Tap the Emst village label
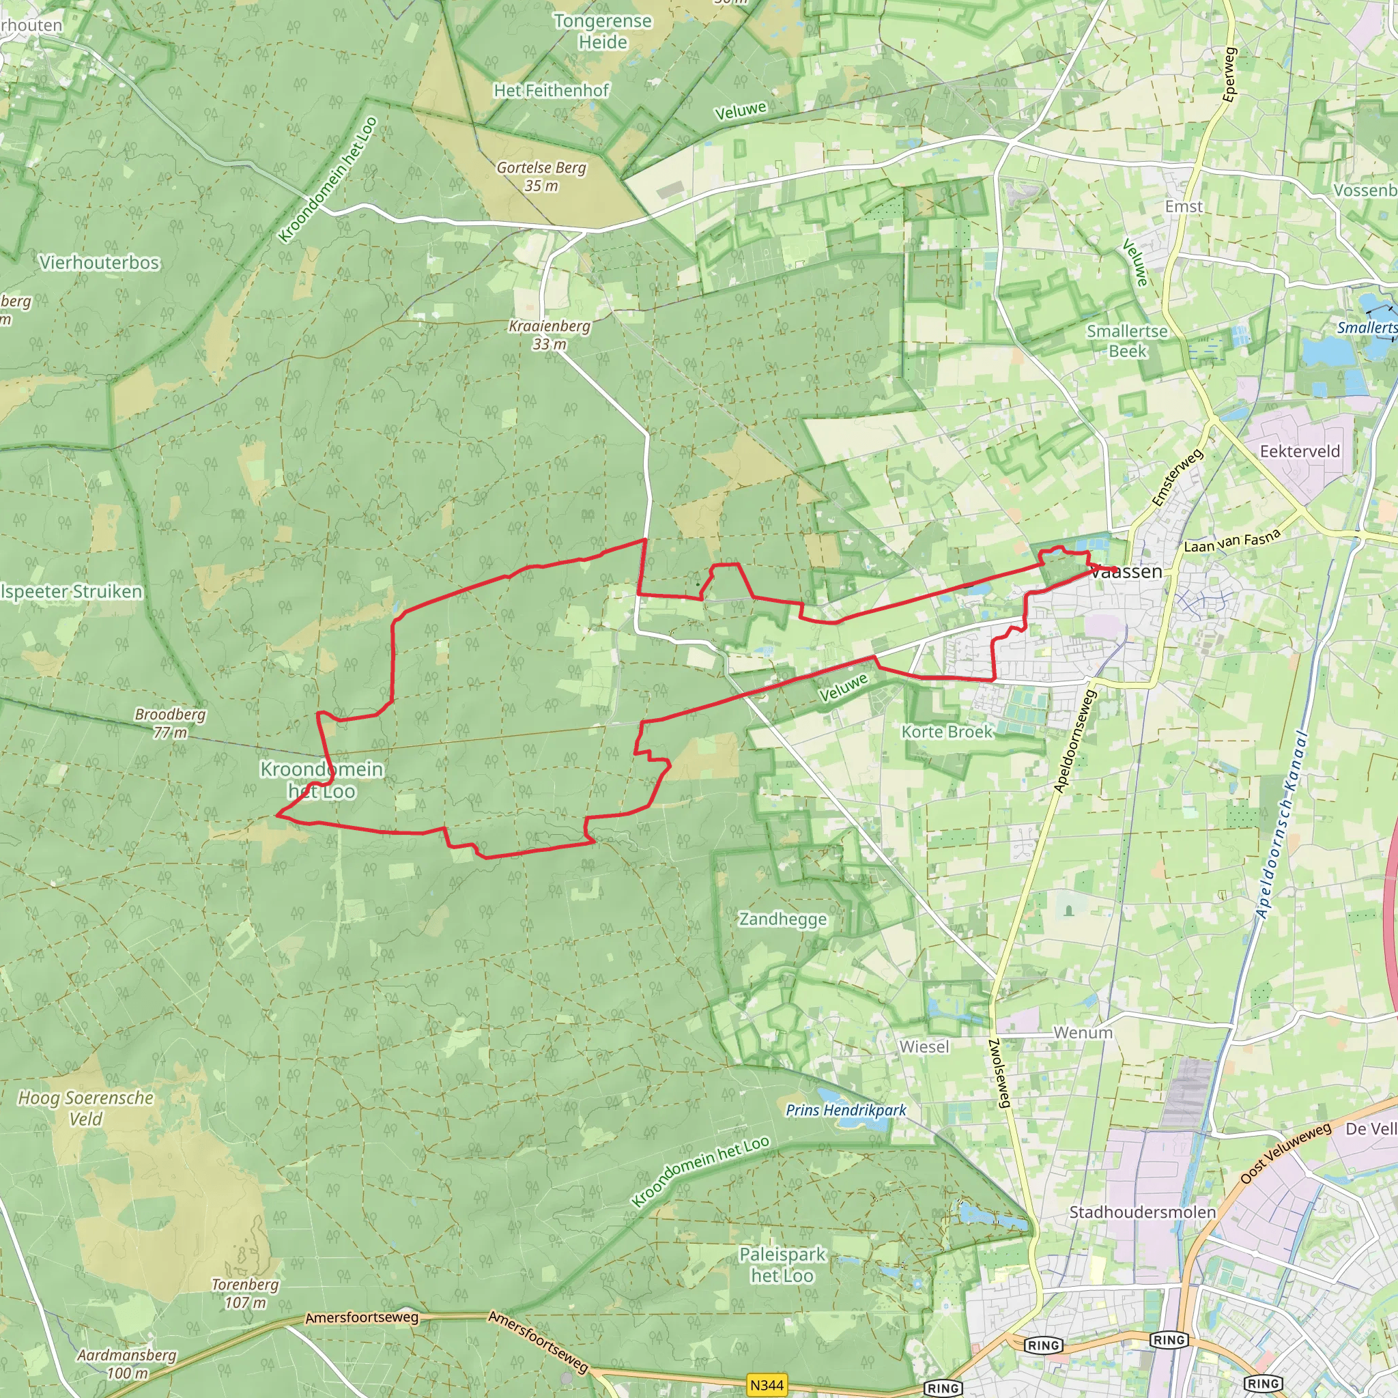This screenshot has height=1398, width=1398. pos(1184,207)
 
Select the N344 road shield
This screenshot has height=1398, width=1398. pos(767,1385)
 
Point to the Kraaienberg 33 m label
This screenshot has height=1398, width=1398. pos(550,335)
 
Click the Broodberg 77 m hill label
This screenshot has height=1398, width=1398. pos(170,723)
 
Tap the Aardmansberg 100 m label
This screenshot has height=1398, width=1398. pos(127,1363)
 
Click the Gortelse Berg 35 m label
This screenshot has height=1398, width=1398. pos(541,177)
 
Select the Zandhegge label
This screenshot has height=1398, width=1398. pos(782,919)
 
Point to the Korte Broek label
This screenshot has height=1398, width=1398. pos(947,732)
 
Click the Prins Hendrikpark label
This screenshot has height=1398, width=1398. pos(846,1110)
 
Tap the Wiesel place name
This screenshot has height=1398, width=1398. pos(924,1046)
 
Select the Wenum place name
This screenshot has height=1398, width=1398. pos(1083,1033)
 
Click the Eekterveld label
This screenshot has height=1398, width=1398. pos(1300,451)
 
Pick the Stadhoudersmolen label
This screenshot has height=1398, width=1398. pos(1143,1212)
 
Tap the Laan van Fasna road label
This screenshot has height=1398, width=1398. pos(1232,541)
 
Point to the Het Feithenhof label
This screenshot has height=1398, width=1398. pos(552,91)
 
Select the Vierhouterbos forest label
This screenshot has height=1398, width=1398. pos(99,263)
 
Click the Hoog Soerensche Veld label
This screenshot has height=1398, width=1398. pos(86,1108)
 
